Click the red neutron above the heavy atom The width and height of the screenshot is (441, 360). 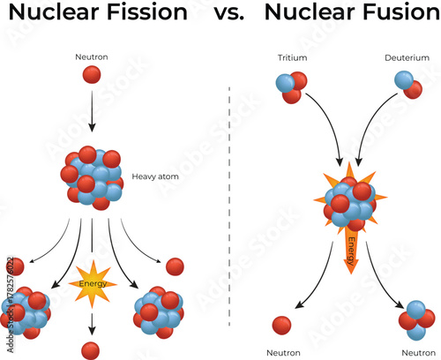click(92, 76)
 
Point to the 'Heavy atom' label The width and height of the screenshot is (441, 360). click(155, 176)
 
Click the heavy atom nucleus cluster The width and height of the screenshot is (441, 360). click(92, 175)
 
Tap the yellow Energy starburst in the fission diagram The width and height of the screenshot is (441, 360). click(92, 284)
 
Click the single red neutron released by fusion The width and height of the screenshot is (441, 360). click(283, 325)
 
